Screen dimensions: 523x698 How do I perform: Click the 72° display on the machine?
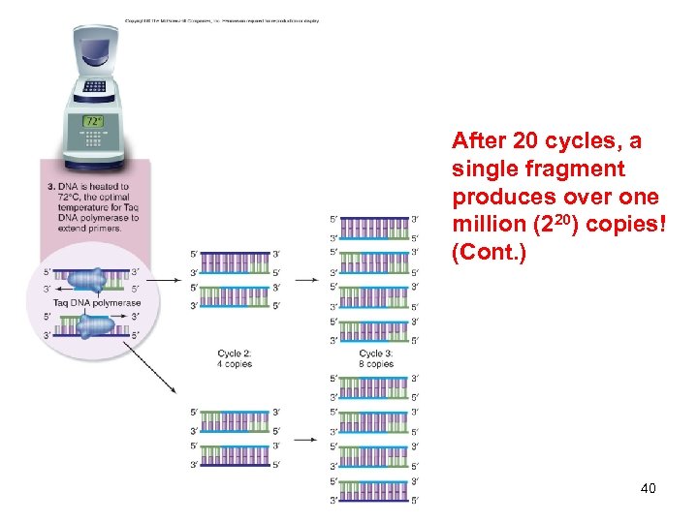pyautogui.click(x=93, y=122)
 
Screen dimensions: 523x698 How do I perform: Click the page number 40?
pyautogui.click(x=649, y=488)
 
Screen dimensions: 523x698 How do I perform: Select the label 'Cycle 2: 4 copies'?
pyautogui.click(x=234, y=358)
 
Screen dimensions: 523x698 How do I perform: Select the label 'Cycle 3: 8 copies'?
pyautogui.click(x=376, y=358)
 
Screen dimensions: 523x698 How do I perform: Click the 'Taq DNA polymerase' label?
pyautogui.click(x=97, y=303)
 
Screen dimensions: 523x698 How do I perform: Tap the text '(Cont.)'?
pyautogui.click(x=489, y=254)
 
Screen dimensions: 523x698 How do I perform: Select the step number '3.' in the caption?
pyautogui.click(x=50, y=186)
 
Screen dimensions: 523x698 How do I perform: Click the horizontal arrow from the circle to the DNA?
pyautogui.click(x=161, y=280)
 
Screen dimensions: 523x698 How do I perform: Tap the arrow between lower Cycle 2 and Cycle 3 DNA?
pyautogui.click(x=305, y=439)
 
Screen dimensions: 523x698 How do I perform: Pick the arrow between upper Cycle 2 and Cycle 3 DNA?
pyautogui.click(x=305, y=280)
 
